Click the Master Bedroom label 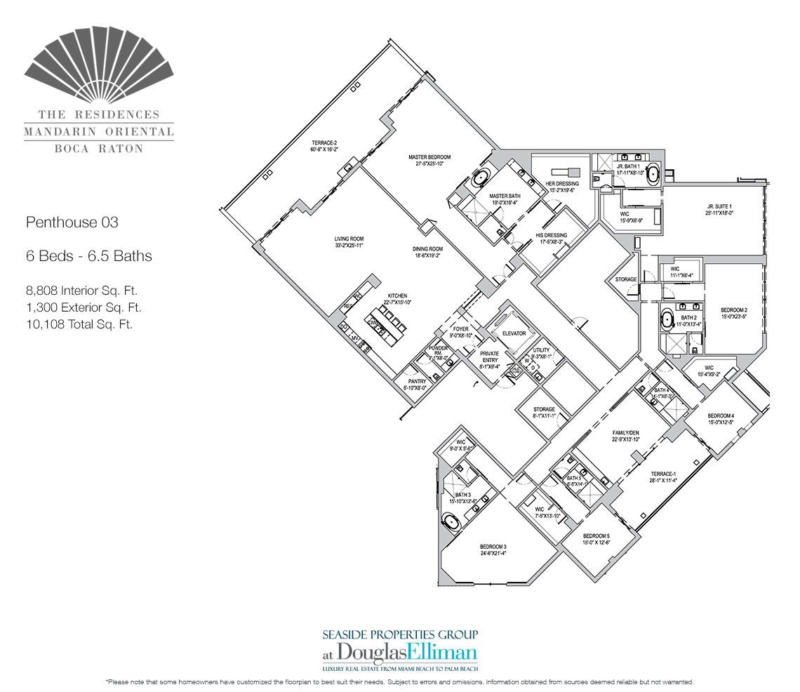click(x=429, y=157)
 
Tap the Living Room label click(x=349, y=239)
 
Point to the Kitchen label click(x=395, y=296)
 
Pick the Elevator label click(x=514, y=333)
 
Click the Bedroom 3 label click(x=493, y=547)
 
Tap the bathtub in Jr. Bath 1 click(x=653, y=173)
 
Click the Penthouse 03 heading click(x=72, y=223)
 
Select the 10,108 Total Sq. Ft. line click(x=79, y=324)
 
